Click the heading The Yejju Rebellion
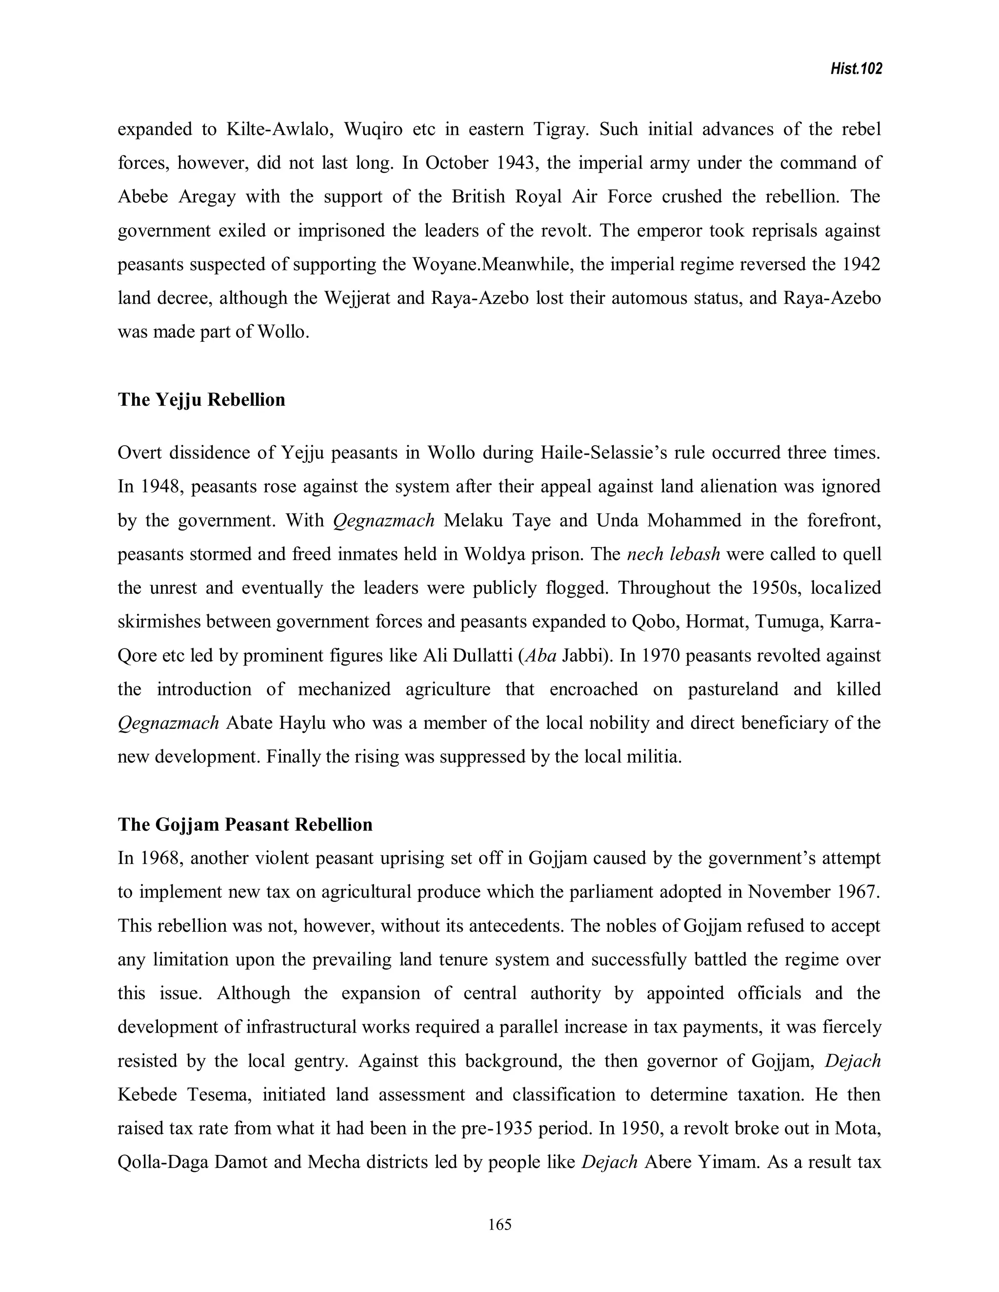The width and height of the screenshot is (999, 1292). pos(201,400)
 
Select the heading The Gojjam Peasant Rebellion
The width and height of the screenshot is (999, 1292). pos(245,824)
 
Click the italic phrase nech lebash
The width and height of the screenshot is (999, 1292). pos(673,554)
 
